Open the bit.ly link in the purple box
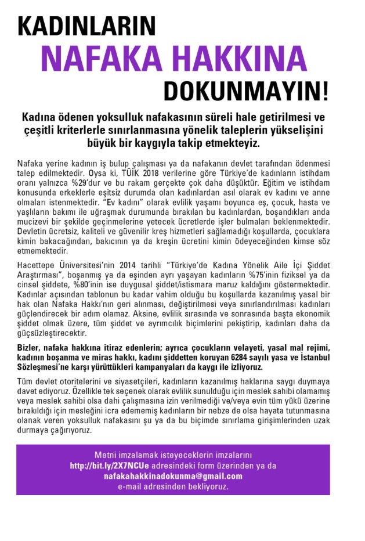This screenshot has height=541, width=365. click(109, 466)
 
